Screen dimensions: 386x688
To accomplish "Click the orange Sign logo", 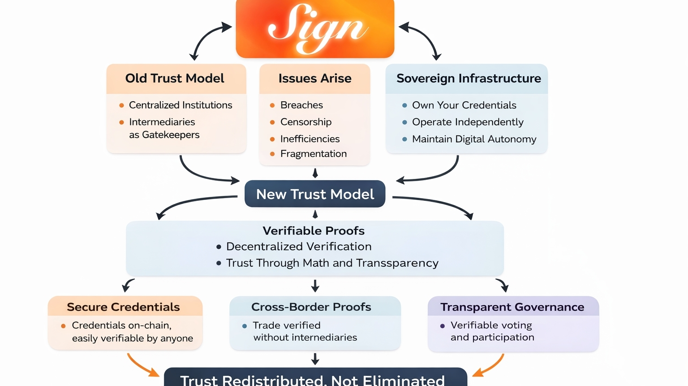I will [x=315, y=29].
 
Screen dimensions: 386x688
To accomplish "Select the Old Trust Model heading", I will [x=175, y=78].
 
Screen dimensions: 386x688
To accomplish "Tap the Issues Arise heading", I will [x=315, y=78].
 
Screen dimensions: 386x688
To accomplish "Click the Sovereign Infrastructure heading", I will [x=469, y=78].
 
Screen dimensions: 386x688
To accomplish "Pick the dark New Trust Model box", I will [x=315, y=194].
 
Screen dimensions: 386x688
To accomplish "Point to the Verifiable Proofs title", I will [x=314, y=231].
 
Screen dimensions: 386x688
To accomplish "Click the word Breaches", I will [x=301, y=105].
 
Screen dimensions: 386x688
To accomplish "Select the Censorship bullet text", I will [x=306, y=122].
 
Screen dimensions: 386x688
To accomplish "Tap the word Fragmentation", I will [x=314, y=154].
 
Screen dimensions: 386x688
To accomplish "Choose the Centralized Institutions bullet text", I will [x=181, y=105].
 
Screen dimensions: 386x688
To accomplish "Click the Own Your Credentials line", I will [x=464, y=105].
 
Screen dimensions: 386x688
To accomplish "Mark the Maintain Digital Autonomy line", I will [x=474, y=139].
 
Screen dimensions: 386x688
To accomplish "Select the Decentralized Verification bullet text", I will [x=299, y=247].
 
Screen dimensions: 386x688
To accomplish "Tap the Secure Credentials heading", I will [x=123, y=307].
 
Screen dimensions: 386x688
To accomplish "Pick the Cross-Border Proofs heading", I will [x=311, y=307].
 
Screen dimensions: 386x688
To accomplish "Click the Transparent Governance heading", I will [x=512, y=307].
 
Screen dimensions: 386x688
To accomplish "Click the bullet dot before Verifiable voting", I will [x=443, y=326].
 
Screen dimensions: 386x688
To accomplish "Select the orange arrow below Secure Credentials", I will [x=142, y=364].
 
